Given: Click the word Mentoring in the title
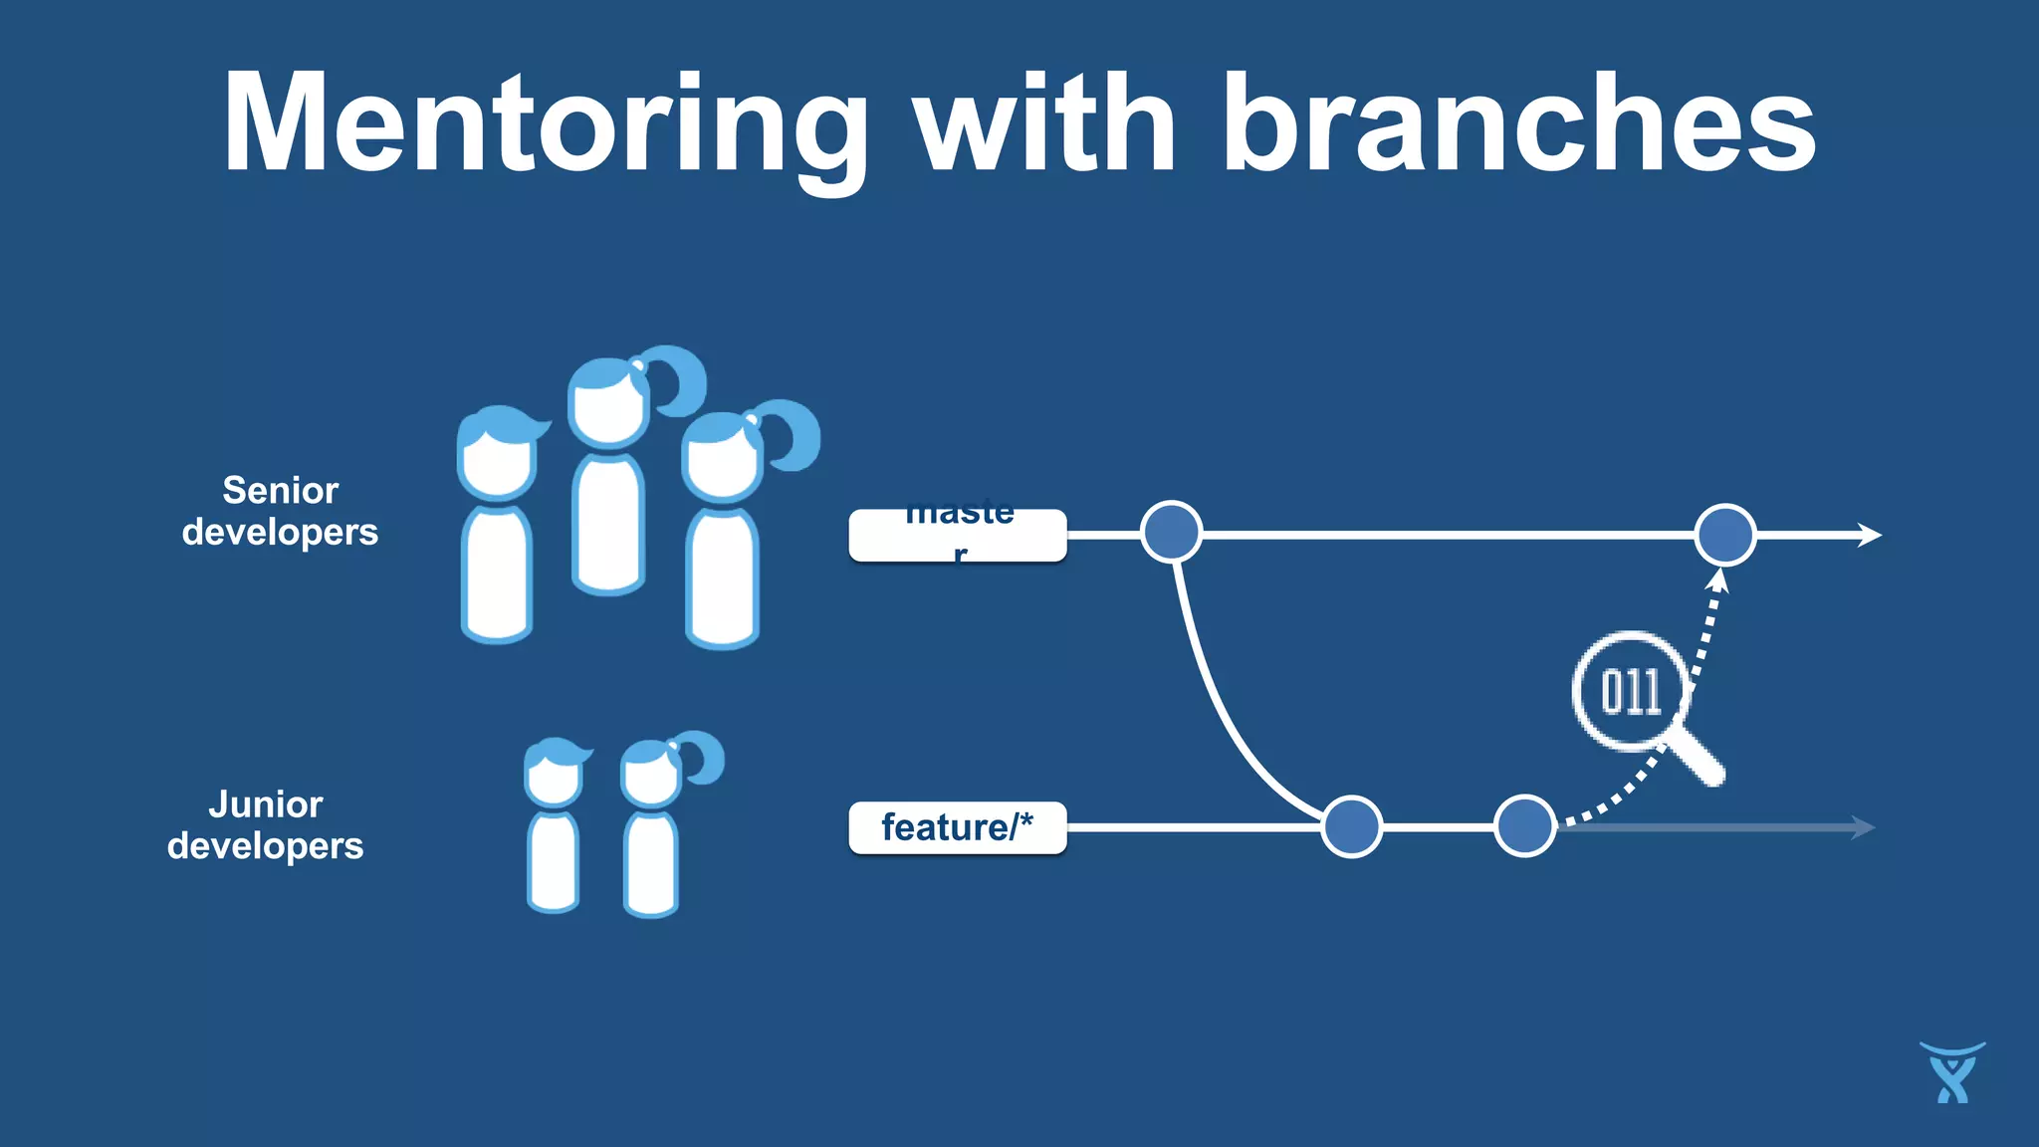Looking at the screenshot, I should click(x=546, y=124).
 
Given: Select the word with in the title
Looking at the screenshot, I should click(x=1045, y=124).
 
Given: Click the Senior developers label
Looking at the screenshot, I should click(x=280, y=511).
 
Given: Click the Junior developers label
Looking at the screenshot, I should click(x=265, y=824).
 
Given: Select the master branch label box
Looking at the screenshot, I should click(x=957, y=535).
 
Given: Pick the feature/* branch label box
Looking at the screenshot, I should click(x=957, y=827).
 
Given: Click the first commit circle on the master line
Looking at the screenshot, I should click(x=1171, y=532).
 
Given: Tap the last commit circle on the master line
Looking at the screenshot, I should click(x=1724, y=535).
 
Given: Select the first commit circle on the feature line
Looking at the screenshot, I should click(x=1351, y=826).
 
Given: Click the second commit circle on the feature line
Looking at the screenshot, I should click(x=1524, y=825).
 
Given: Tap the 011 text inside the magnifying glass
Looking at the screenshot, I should click(x=1630, y=691).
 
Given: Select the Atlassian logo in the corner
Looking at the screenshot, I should click(x=1952, y=1073).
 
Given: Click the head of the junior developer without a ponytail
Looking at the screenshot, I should click(x=553, y=774).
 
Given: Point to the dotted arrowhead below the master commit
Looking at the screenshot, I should click(x=1718, y=579).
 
